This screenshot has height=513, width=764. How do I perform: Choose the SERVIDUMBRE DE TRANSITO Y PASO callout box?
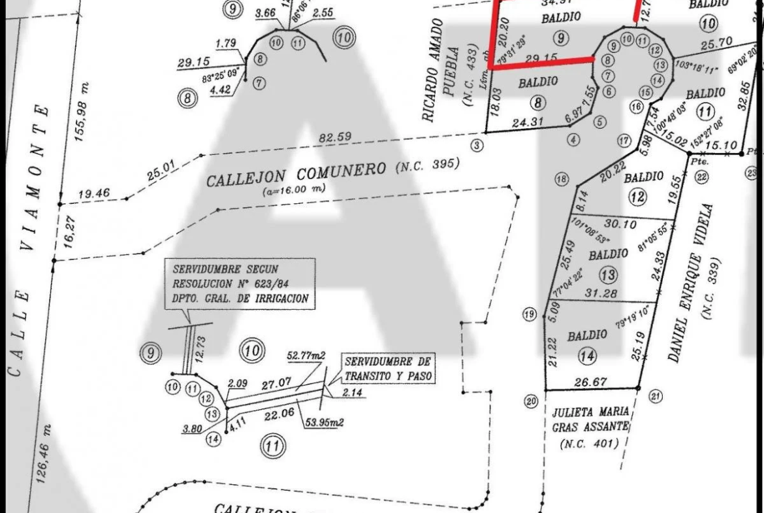[388, 369]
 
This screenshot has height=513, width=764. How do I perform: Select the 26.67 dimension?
[589, 380]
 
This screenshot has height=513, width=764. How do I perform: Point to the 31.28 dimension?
[602, 293]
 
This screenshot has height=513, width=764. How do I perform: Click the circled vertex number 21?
[656, 395]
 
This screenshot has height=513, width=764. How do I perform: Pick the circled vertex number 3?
[477, 144]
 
